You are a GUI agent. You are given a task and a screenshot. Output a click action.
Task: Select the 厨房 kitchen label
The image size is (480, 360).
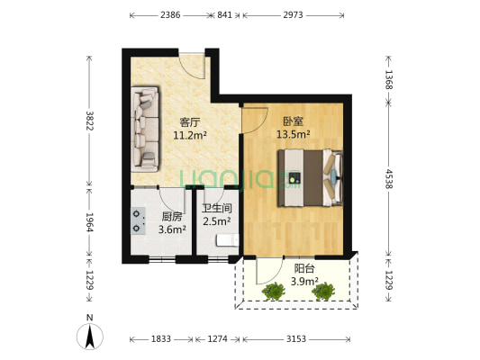[171, 217]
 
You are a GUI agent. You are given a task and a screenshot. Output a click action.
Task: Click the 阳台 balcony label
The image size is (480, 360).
[303, 268]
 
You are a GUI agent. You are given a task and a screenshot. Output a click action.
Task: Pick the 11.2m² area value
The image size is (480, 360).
[190, 136]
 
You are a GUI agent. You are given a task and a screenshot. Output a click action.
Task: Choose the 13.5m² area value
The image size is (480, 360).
[294, 134]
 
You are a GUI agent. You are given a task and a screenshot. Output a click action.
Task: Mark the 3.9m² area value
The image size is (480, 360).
[303, 282]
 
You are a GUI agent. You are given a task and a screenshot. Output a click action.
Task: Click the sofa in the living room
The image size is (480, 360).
[144, 130]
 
